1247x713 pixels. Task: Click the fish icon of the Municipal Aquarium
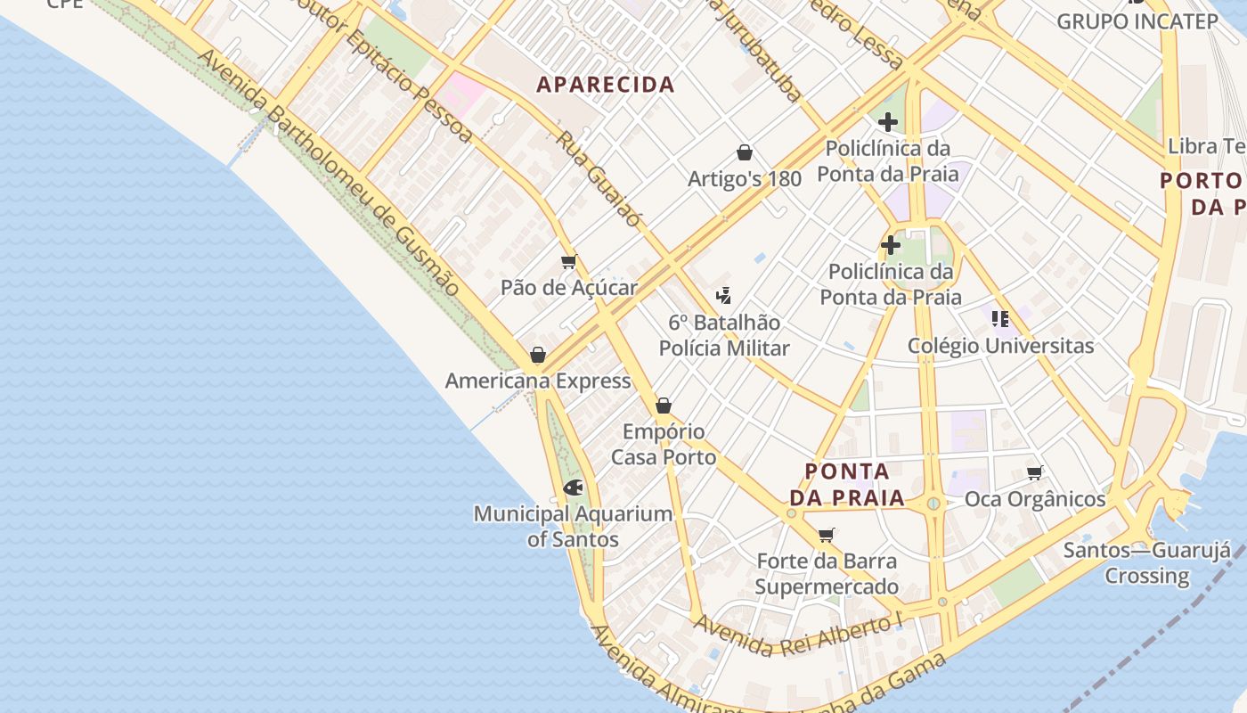point(574,488)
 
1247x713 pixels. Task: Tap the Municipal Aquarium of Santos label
point(573,526)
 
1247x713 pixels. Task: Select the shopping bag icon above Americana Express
point(538,355)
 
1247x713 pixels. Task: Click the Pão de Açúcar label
point(569,287)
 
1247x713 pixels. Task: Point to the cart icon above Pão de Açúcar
point(569,261)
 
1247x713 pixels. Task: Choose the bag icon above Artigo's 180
point(745,152)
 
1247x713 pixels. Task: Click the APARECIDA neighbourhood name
point(606,85)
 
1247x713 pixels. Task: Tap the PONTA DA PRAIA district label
point(847,484)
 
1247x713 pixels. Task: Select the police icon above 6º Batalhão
point(724,296)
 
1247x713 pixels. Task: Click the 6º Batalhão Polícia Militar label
point(724,335)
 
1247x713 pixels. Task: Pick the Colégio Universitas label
point(1000,345)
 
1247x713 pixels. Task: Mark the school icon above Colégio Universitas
point(1000,318)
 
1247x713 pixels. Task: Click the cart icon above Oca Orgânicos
point(1034,472)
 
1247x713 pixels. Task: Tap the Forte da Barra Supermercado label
point(827,574)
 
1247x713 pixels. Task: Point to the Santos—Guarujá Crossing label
point(1147,562)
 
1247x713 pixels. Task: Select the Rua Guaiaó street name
point(599,178)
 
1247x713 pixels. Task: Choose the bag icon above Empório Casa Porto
point(664,406)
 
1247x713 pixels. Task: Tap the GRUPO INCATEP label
point(1137,21)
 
